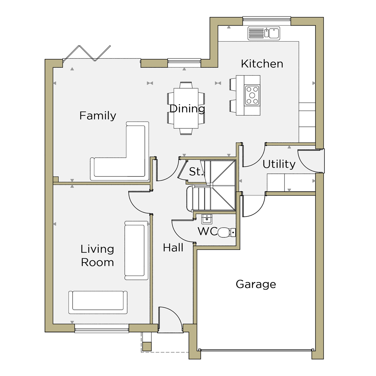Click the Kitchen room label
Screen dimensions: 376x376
point(262,64)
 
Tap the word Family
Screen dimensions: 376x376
point(98,116)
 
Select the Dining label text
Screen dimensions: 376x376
point(187,109)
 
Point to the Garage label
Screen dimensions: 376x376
point(256,285)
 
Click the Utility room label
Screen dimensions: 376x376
point(279,165)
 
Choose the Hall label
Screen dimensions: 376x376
point(173,248)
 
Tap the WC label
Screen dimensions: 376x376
point(208,231)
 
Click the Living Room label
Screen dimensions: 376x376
point(97,256)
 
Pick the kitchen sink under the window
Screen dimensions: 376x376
point(264,33)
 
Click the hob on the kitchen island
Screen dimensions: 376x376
point(252,96)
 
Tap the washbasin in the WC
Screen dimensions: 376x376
point(207,219)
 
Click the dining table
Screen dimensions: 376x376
point(186,108)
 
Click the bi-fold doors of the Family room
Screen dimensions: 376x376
point(87,53)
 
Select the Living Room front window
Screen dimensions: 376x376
point(102,329)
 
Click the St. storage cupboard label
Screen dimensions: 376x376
point(195,172)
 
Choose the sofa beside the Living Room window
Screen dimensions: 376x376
point(98,302)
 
